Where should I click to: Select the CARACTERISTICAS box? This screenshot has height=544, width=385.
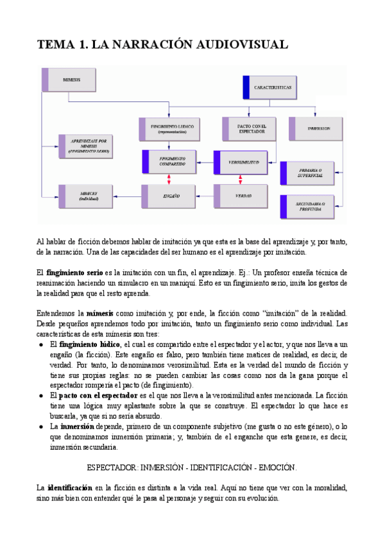click(x=272, y=87)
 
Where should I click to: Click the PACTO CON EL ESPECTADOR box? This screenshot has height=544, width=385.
click(x=249, y=129)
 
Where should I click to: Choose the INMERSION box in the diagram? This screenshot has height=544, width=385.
click(x=318, y=129)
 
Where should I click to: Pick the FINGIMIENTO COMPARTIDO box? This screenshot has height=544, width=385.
click(x=171, y=162)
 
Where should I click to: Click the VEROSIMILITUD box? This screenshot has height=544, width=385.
click(x=243, y=163)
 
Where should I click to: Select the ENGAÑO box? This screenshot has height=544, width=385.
click(x=171, y=195)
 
